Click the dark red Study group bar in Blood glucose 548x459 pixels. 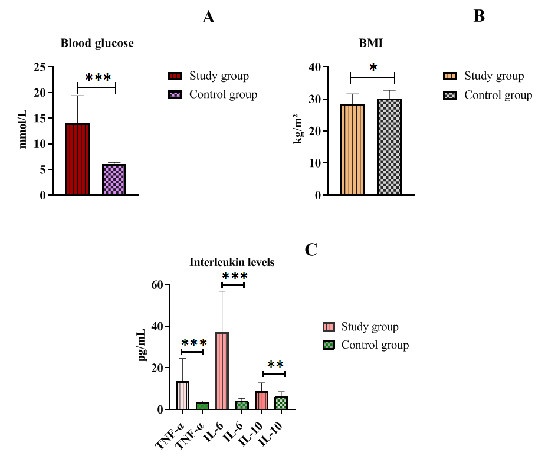pos(77,159)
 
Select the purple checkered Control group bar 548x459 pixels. pos(114,179)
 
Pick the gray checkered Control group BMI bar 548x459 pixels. pos(389,147)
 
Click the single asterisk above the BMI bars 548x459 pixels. pos(373,68)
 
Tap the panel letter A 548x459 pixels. pos(208,17)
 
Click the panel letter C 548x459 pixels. pos(311,250)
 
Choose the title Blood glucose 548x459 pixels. pos(97,43)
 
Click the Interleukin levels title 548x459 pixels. pos(232,262)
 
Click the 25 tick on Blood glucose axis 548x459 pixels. pos(40,67)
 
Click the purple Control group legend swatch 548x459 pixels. pos(175,94)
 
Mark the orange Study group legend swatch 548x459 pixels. pos(450,76)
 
